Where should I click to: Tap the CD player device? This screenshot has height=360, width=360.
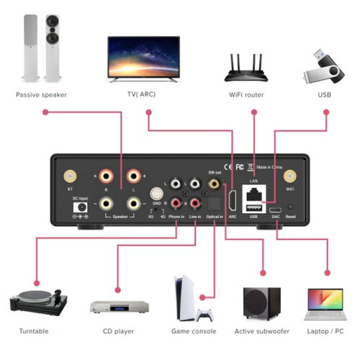[x=118, y=306]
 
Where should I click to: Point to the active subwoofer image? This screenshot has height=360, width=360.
[x=261, y=303]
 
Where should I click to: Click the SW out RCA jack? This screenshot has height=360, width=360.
[x=214, y=184]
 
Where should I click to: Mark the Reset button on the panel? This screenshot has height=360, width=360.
[x=290, y=207]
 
